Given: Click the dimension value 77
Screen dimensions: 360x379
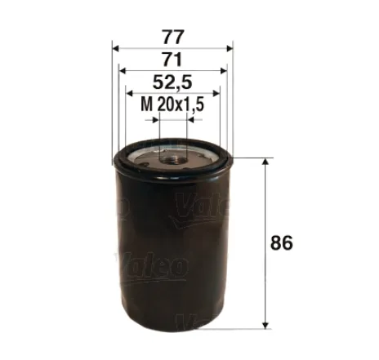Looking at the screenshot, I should (x=172, y=37).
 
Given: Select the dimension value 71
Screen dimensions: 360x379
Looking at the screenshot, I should (x=172, y=60).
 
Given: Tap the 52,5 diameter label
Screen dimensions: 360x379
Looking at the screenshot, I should (x=172, y=82).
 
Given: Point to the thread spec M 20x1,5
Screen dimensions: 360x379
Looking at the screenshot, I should (x=172, y=104).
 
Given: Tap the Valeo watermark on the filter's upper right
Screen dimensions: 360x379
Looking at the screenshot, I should (x=196, y=210).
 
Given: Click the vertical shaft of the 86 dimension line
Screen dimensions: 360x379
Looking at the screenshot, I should (x=265, y=245).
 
